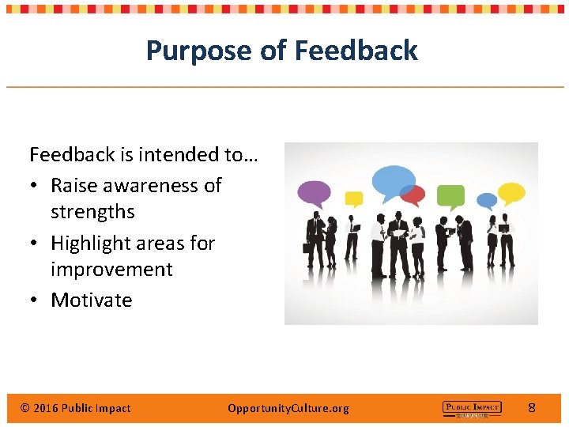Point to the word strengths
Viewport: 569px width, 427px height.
click(92, 212)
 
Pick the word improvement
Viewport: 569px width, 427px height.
click(111, 270)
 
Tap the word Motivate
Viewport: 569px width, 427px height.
click(92, 300)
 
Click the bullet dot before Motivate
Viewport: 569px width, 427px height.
click(36, 300)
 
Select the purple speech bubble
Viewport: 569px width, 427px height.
click(314, 192)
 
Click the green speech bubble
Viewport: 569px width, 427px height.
click(450, 195)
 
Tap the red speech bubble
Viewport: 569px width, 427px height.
click(413, 195)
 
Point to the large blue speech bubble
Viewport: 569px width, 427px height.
click(393, 181)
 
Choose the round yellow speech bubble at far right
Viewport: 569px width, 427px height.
click(511, 193)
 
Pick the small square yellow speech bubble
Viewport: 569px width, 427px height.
click(354, 198)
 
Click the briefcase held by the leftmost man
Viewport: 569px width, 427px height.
click(307, 248)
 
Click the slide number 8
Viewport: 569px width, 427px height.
click(532, 408)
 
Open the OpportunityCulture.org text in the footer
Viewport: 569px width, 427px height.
click(288, 408)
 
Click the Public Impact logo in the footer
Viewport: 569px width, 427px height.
click(471, 408)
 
